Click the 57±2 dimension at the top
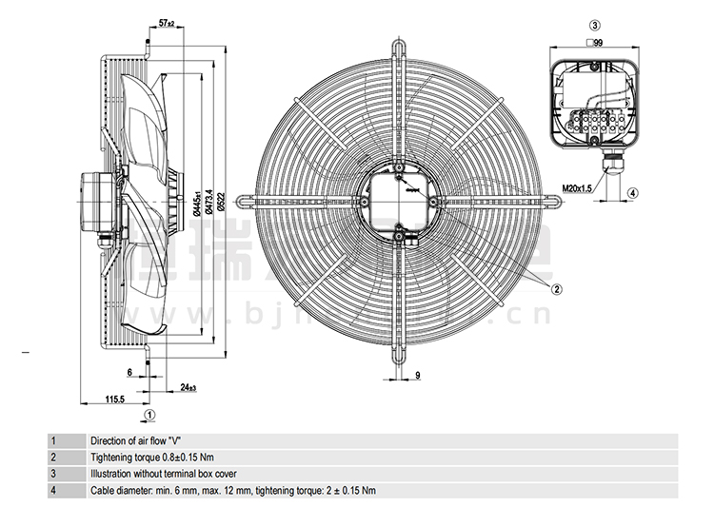pyautogui.click(x=166, y=22)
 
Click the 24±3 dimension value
pyautogui.click(x=187, y=386)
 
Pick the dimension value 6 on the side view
pyautogui.click(x=129, y=371)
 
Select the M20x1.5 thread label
pyautogui.click(x=579, y=189)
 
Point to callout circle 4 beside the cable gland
pyautogui.click(x=633, y=193)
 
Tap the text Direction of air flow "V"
pyautogui.click(x=135, y=441)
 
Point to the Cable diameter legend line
pyautogui.click(x=233, y=490)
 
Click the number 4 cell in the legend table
pyautogui.click(x=54, y=490)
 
